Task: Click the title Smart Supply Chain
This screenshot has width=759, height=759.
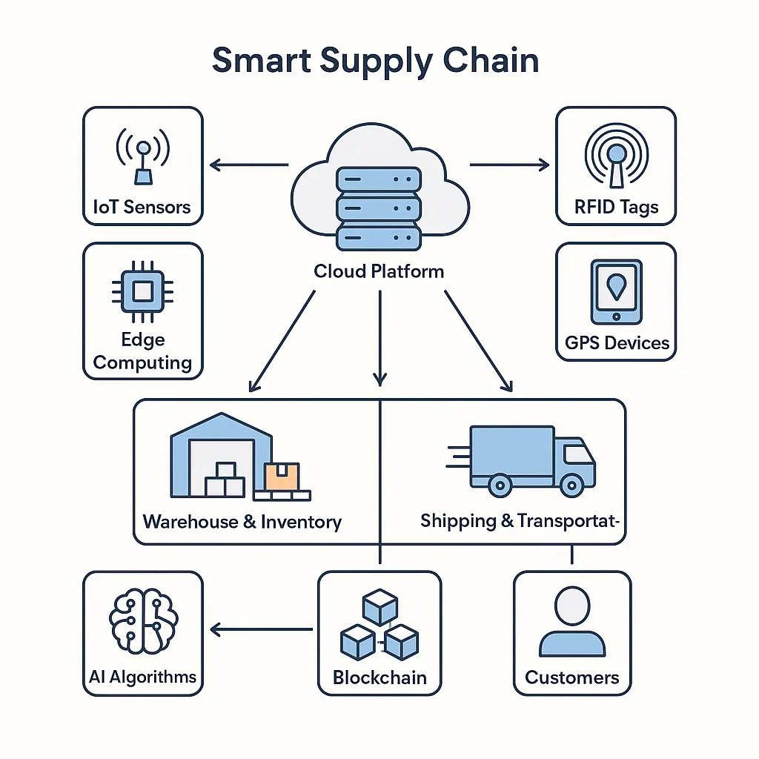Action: coord(375,60)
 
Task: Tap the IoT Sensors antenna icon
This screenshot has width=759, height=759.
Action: coord(142,157)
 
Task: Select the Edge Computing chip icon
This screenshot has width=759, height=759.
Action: coord(142,290)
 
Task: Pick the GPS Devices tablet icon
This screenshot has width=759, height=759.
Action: coord(615,291)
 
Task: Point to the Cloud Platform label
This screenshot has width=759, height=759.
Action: coord(379,271)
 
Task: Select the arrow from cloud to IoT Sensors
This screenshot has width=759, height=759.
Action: coord(248,165)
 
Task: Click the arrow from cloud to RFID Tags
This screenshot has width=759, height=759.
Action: coord(509,165)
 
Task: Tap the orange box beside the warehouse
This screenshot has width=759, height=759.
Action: coord(282,477)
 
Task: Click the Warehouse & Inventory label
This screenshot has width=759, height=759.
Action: coord(242,522)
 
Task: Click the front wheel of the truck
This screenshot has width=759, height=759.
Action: coord(571,485)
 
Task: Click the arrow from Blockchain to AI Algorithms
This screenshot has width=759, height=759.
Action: coord(261,630)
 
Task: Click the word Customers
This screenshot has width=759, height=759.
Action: coord(571,677)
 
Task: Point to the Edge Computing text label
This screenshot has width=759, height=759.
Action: coord(142,351)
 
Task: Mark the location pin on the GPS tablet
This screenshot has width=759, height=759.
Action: coord(615,285)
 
